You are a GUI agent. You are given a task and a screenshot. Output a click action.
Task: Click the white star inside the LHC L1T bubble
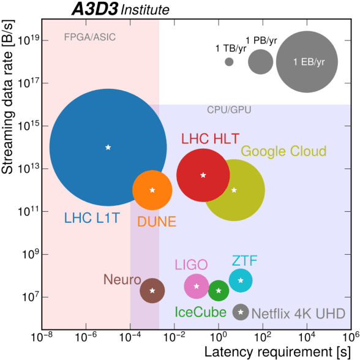[x=108, y=147]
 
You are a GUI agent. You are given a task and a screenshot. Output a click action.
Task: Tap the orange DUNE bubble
[x=152, y=190]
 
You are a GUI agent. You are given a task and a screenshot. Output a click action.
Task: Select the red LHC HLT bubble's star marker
[x=203, y=175]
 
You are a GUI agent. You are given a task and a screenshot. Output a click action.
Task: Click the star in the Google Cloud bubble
[x=234, y=190]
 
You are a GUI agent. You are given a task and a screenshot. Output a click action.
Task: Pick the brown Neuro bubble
[x=152, y=290]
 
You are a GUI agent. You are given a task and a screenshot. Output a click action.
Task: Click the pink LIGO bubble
[x=197, y=286]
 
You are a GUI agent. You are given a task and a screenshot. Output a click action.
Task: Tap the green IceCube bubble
[x=219, y=290]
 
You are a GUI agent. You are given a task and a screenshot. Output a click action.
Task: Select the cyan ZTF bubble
[x=241, y=280]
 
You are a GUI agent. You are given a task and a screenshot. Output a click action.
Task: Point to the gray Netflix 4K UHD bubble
[x=241, y=312]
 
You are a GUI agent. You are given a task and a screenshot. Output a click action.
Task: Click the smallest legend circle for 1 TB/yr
[x=229, y=62]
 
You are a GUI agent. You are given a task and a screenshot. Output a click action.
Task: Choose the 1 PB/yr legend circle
[x=261, y=62]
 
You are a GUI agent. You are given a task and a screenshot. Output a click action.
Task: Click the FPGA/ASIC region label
[x=89, y=37]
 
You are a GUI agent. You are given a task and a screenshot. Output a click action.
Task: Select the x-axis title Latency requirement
[x=277, y=352]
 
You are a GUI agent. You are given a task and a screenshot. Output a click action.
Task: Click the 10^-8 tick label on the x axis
[x=42, y=339]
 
